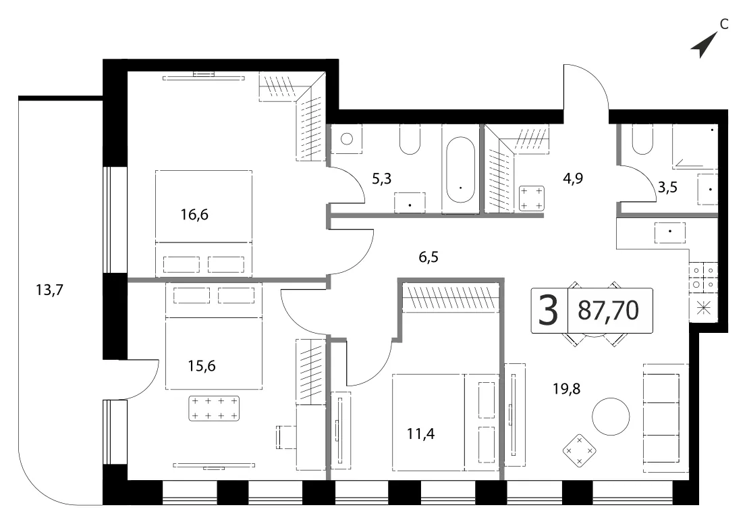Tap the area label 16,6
coord(194,215)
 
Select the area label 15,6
coord(202,366)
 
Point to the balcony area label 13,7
coord(49,290)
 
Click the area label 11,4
coord(420,434)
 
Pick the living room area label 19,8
coord(566,389)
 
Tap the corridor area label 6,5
coord(428,257)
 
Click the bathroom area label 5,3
coord(382,179)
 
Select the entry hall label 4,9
coord(573,178)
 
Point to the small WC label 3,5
coord(667,187)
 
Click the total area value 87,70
coord(609,311)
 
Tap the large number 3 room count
coord(549,311)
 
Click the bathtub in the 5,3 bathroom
coord(460,169)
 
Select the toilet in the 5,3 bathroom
coord(410,139)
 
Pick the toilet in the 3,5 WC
coord(642,139)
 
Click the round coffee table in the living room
coord(611,416)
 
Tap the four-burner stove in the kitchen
coord(703,278)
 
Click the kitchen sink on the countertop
coord(670,232)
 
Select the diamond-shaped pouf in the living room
coord(579,450)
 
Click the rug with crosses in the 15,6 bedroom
coord(214,409)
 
